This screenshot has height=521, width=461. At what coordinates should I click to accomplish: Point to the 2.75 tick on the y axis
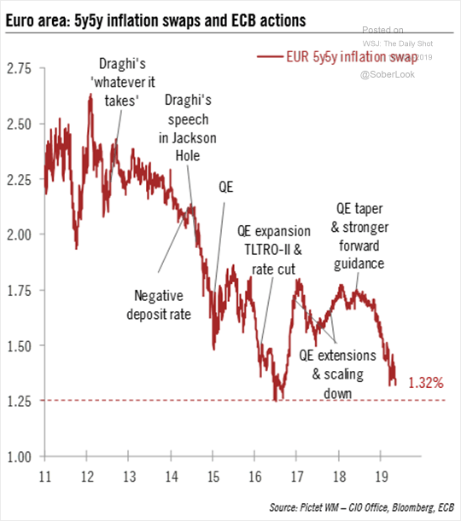pyautogui.click(x=19, y=67)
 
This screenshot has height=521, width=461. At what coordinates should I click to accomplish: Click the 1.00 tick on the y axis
pyautogui.click(x=19, y=456)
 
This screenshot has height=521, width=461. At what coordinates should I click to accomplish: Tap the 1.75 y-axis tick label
pyautogui.click(x=19, y=290)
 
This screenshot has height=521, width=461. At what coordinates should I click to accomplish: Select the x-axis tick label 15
pyautogui.click(x=212, y=475)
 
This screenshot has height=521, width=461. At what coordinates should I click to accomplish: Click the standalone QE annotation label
pyautogui.click(x=226, y=187)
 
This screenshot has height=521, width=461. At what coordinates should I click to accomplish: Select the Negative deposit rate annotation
pyautogui.click(x=162, y=304)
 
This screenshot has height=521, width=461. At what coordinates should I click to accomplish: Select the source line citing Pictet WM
pyautogui.click(x=359, y=508)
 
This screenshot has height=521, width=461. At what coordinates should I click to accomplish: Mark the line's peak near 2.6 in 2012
pyautogui.click(x=90, y=96)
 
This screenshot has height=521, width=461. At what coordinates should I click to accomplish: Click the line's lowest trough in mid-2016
pyautogui.click(x=275, y=399)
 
